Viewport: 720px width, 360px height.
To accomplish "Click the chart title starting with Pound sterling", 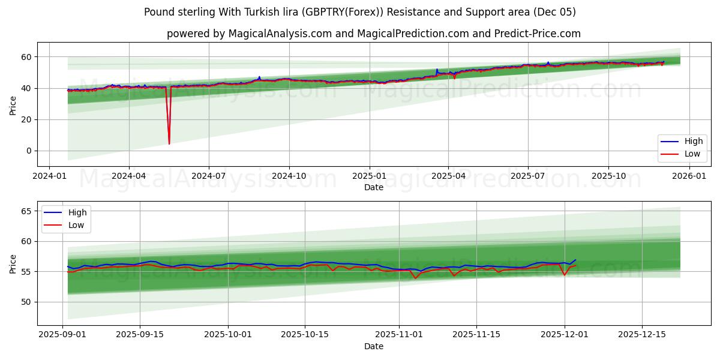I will [360, 12].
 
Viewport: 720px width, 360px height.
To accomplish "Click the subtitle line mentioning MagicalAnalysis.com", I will [373, 34].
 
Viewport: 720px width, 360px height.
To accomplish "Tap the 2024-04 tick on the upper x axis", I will [129, 176].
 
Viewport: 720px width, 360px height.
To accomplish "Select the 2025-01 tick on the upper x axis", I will [369, 176].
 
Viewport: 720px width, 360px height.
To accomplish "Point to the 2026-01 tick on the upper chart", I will [688, 176].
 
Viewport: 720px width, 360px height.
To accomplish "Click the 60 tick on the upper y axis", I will [26, 57].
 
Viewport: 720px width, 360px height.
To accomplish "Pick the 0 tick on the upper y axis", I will [29, 151].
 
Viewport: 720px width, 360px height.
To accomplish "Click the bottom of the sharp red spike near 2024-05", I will [169, 143].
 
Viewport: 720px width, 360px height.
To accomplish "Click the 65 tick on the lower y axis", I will [26, 211].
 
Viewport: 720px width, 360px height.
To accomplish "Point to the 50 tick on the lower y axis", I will [26, 302].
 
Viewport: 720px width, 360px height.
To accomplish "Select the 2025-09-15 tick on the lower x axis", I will [140, 335].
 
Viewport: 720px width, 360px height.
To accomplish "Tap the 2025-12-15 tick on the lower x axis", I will [642, 335].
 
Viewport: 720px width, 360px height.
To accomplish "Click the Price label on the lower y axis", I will [13, 263].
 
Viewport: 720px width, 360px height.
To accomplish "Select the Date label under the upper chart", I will [373, 187].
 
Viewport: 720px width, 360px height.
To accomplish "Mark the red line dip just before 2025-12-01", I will [564, 275].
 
